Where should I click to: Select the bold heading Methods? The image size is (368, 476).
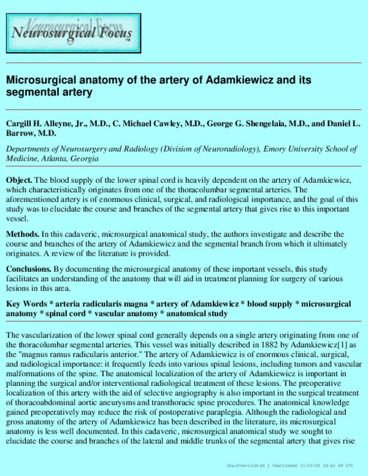tap(23, 235)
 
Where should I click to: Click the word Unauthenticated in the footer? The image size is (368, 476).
tap(244, 466)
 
